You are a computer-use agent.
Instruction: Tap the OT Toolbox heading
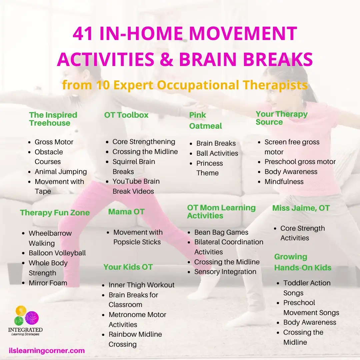pos(126,115)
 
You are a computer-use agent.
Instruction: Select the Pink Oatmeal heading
pos(205,120)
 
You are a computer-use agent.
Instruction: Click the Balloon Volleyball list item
pos(57,253)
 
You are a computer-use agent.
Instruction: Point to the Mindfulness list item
pos(284,182)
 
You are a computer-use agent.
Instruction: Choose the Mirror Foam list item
pos(48,283)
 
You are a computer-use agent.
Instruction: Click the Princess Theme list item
pos(209,168)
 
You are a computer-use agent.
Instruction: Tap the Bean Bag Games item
pos(221,232)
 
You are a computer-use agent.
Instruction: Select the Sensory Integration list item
pos(225,272)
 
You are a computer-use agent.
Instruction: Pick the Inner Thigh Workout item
pos(141,285)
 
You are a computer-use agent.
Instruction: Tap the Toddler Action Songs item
pos(307,288)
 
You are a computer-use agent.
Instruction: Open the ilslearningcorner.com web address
pos(47,351)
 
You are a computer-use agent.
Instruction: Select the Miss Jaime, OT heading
pos(301,208)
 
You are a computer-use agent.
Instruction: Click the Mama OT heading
pos(126,211)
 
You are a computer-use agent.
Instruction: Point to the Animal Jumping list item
pos(60,172)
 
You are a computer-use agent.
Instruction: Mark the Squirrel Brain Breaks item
pos(133,166)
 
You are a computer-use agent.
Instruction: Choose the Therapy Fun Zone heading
pos(55,213)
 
